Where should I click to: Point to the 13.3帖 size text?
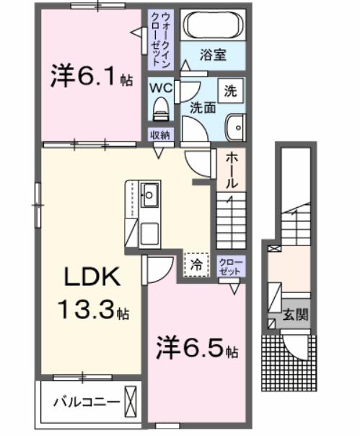click(94, 312)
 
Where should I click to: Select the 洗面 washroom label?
click(203, 108)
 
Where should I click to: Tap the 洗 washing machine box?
click(230, 92)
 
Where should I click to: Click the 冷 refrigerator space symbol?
click(196, 264)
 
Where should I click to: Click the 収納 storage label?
click(160, 134)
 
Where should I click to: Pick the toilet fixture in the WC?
click(160, 109)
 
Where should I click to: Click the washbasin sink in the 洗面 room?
click(234, 128)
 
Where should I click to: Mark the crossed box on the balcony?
click(131, 399)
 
